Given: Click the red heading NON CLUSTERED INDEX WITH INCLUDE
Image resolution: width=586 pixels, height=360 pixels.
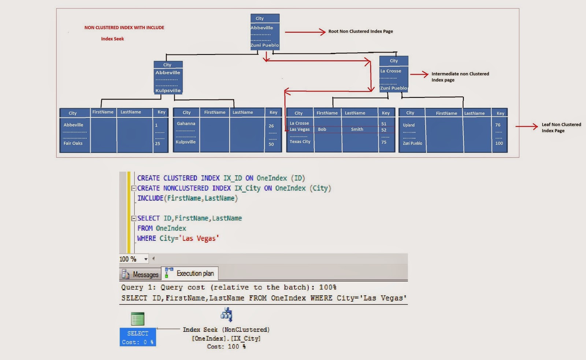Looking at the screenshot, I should (x=124, y=27).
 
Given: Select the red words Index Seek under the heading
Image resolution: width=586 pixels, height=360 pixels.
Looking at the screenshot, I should (x=112, y=39).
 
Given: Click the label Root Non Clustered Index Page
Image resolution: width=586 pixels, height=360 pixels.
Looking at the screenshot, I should (x=360, y=31).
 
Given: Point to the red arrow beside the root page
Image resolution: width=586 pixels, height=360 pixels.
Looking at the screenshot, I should (x=305, y=32).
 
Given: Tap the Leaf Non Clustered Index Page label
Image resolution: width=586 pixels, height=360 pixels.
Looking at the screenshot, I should (x=561, y=127).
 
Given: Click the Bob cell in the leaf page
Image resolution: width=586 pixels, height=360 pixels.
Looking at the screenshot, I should (x=322, y=129).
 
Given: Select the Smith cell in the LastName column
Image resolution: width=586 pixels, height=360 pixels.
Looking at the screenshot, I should (x=357, y=129).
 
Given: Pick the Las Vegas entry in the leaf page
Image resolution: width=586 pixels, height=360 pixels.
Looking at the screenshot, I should (x=300, y=129).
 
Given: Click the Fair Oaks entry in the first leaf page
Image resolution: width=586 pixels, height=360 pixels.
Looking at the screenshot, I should (x=73, y=143).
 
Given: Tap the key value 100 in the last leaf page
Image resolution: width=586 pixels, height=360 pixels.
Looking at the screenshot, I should (x=499, y=143).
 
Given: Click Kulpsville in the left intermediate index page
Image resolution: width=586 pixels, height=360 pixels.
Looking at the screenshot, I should (x=168, y=90).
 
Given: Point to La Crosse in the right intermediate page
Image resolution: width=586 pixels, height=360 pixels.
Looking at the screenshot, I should (x=390, y=71).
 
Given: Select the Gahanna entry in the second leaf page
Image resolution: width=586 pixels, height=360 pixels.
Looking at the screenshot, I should (x=186, y=123).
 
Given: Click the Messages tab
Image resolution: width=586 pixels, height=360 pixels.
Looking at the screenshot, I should (x=141, y=274).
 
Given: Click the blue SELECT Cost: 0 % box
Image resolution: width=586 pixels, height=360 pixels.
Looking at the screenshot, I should (x=138, y=337).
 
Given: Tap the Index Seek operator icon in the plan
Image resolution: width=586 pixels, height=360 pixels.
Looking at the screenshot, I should (x=226, y=315).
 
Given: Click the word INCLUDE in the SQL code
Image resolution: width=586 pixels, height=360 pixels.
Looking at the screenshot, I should (x=150, y=198).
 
